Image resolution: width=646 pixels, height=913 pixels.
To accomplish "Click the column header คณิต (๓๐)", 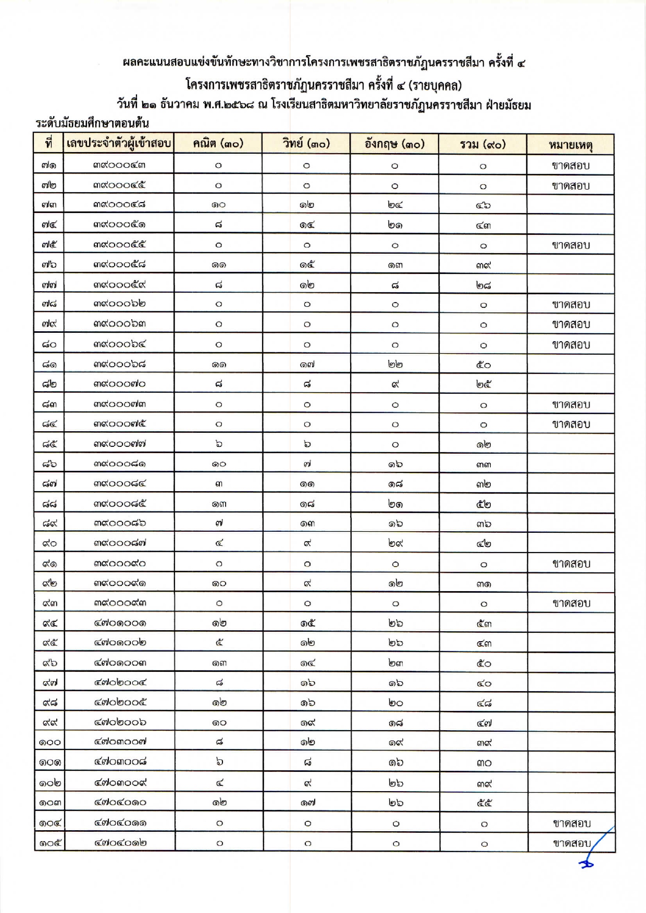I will [x=218, y=144].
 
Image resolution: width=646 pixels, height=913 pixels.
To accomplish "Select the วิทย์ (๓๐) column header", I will [x=306, y=144].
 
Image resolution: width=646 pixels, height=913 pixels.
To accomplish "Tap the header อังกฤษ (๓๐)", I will [x=394, y=144].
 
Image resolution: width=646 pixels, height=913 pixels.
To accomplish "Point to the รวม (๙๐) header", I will [x=483, y=144].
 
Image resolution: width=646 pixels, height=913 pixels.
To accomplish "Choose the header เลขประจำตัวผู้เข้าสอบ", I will [x=119, y=143].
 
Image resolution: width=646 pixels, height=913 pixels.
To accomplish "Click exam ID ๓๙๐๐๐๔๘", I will [x=119, y=204].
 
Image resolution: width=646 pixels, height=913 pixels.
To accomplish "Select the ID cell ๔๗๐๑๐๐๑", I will [x=120, y=622].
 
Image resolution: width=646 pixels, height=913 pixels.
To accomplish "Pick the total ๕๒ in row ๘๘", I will [x=483, y=504].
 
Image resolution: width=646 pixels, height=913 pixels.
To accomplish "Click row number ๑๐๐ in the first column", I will [x=50, y=742].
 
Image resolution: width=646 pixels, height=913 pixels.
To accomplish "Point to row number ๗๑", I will [x=49, y=165].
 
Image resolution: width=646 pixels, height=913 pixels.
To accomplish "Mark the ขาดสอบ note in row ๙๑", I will [x=571, y=564].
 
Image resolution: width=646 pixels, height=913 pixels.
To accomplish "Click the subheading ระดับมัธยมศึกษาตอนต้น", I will [x=92, y=123].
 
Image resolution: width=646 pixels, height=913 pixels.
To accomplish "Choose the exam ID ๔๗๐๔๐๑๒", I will [x=120, y=842].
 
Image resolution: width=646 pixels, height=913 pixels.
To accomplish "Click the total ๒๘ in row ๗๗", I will [x=483, y=285].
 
